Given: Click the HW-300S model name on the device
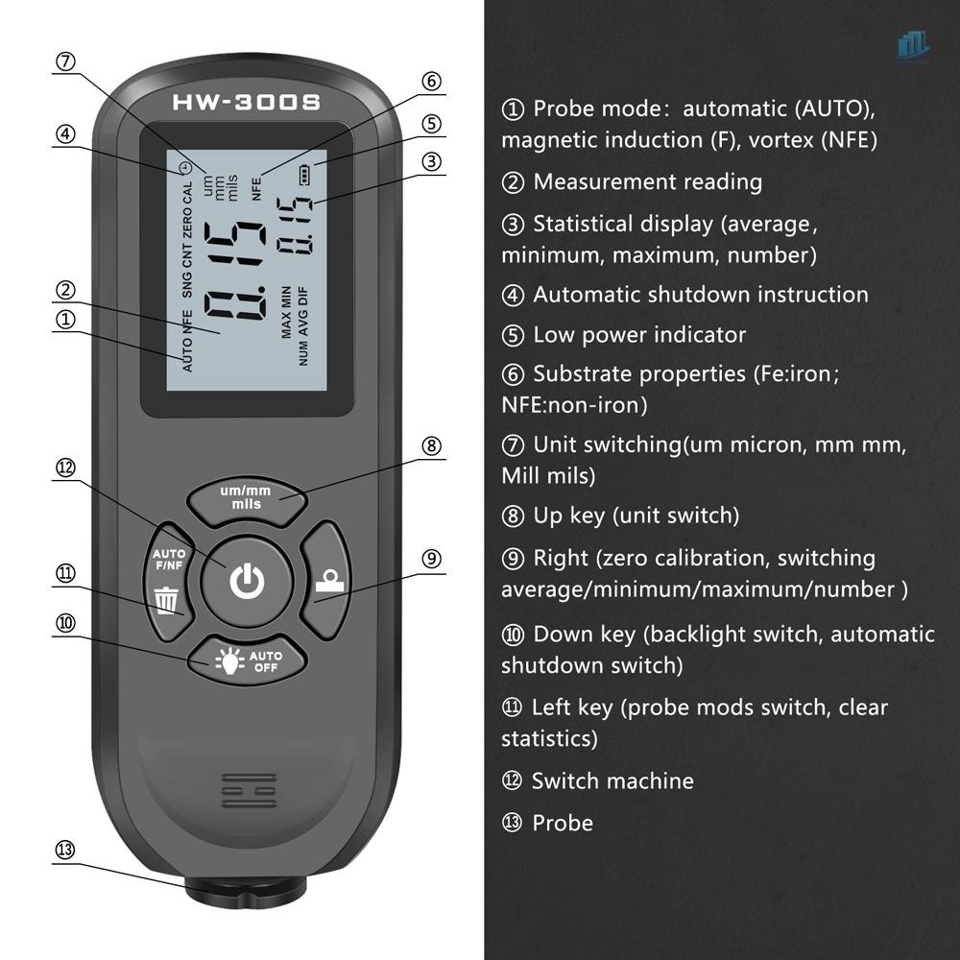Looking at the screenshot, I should point(246,102).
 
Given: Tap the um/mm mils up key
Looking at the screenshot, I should point(246,497).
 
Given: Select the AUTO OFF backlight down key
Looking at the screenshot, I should point(246,661).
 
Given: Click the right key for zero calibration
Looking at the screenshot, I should point(327,580).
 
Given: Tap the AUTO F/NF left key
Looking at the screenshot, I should point(169,580).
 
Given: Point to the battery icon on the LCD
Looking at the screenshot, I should point(306,175).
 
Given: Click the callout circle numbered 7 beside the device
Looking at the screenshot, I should point(65,61).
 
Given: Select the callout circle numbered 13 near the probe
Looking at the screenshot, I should point(65,850).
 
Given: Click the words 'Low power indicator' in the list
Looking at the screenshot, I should point(639,335).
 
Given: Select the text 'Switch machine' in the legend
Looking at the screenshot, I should point(612,780).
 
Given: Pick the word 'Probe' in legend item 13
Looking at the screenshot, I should point(563,823).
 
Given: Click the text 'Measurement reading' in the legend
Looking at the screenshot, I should point(647,181).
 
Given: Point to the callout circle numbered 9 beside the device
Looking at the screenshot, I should point(432,559).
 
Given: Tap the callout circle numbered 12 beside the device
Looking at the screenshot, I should point(65,468).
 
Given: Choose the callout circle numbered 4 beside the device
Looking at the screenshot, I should point(65,134).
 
